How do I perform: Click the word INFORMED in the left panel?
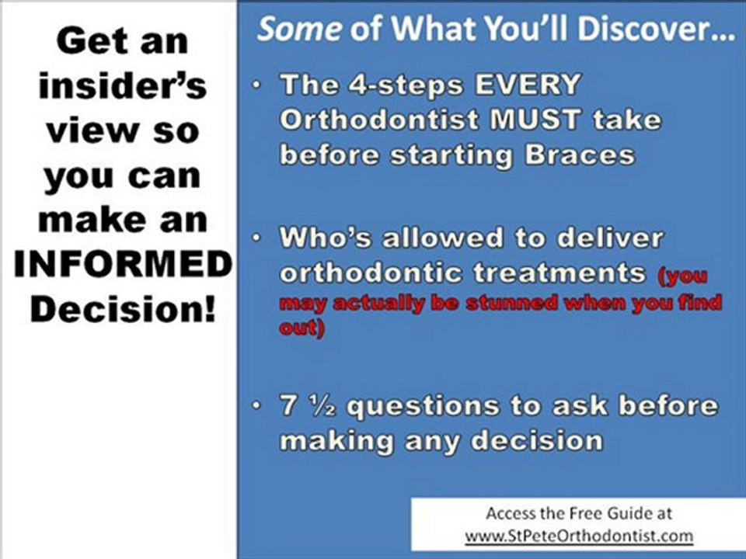pyautogui.click(x=123, y=266)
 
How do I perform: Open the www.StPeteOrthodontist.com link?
pyautogui.click(x=579, y=536)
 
